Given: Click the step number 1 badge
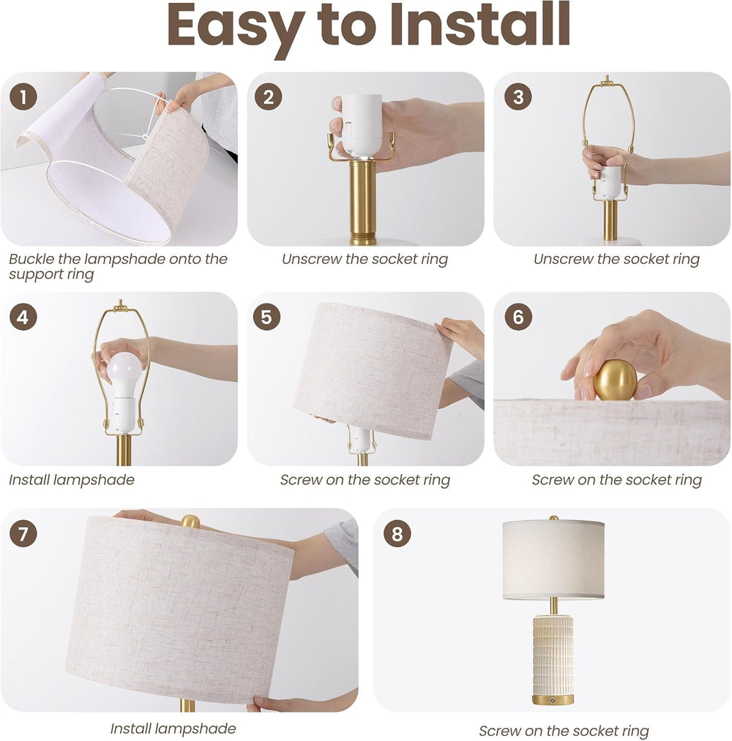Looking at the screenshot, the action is (23, 97).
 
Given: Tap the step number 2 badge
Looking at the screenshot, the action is (268, 97).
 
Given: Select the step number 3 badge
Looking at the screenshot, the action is (518, 97).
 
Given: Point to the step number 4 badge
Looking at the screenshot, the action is (23, 317).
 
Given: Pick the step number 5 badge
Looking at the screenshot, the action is (266, 317).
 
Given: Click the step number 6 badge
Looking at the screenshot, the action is (518, 317).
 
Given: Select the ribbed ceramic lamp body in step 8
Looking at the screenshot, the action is (553, 655).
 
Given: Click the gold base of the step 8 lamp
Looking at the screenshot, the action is (553, 700).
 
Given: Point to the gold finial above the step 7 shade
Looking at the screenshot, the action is (190, 522).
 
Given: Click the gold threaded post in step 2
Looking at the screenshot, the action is (362, 203).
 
